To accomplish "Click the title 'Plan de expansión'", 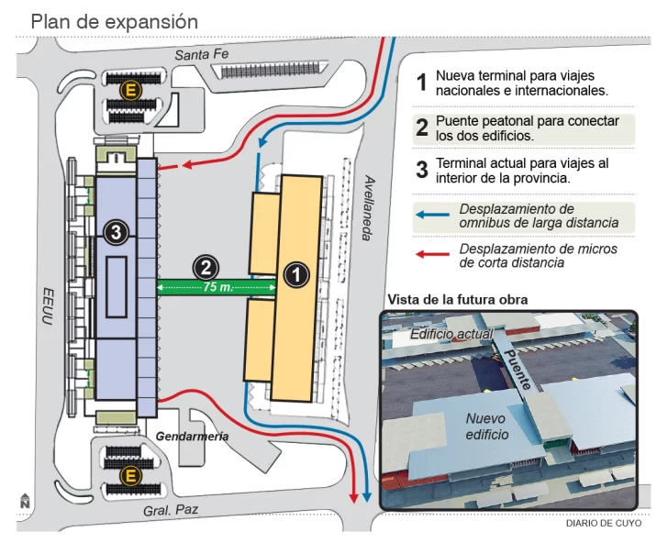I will (x=115, y=20).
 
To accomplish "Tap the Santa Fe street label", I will (x=201, y=55).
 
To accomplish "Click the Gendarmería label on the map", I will (x=192, y=437).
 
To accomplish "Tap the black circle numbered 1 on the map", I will (x=297, y=273).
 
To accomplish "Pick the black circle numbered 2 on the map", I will (x=206, y=267).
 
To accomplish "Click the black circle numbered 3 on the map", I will (x=115, y=232).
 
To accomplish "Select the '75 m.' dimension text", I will (x=217, y=288).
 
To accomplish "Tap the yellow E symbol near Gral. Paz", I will (x=131, y=475).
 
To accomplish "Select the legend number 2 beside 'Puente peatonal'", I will (x=422, y=127).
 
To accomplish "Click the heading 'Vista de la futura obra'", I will (x=457, y=299).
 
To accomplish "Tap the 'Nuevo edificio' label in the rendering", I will (x=486, y=426).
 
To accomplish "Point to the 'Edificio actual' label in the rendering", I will (x=451, y=335).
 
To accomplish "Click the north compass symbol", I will (x=25, y=501).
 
